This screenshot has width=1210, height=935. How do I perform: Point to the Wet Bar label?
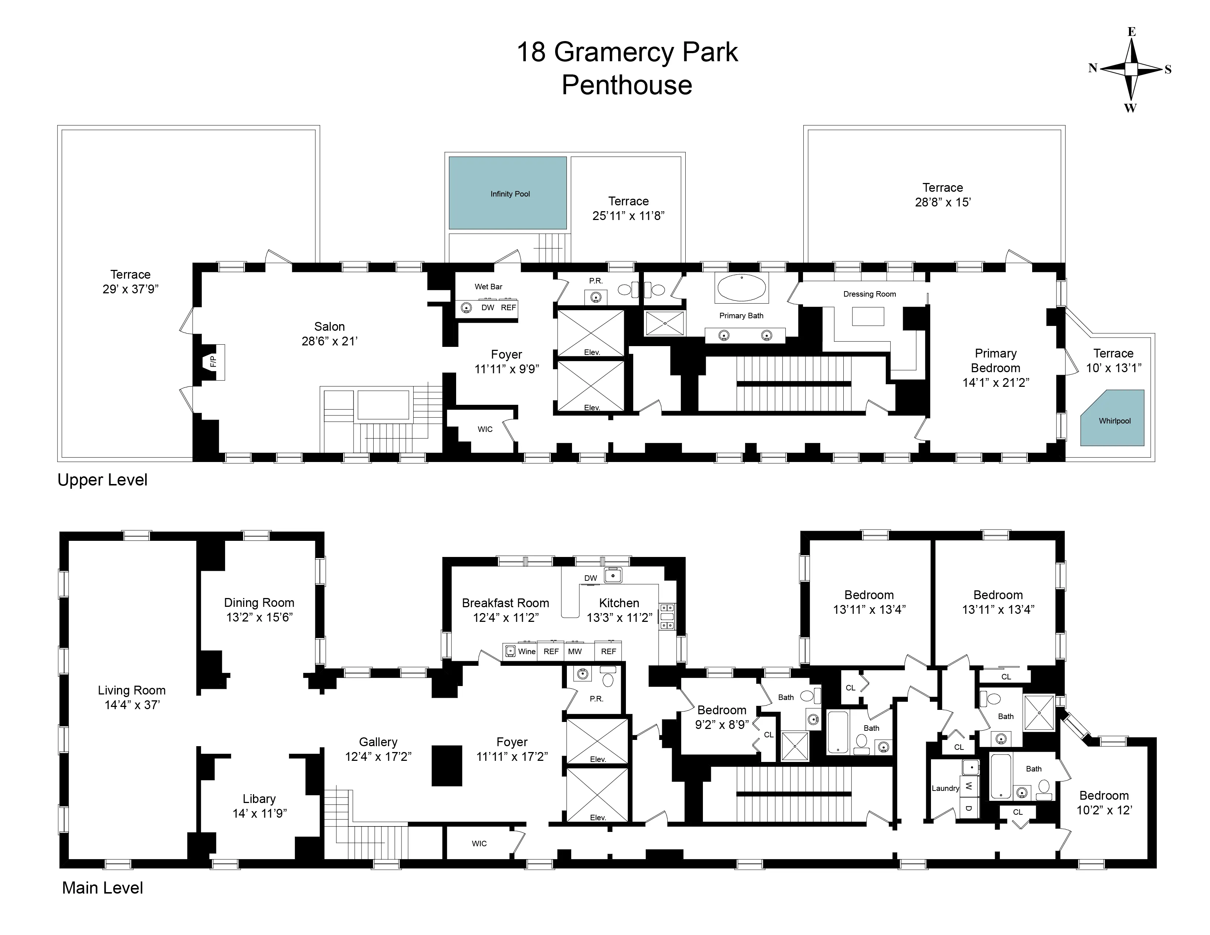pyautogui.click(x=488, y=286)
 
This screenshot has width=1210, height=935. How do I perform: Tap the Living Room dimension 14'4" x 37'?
pyautogui.click(x=132, y=705)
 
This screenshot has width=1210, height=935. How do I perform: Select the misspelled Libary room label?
pyautogui.click(x=259, y=798)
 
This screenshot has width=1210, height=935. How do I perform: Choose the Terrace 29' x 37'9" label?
pyautogui.click(x=130, y=281)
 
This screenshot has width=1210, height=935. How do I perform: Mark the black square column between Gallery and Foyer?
pyautogui.click(x=447, y=766)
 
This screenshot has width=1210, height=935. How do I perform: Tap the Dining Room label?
pyautogui.click(x=259, y=602)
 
